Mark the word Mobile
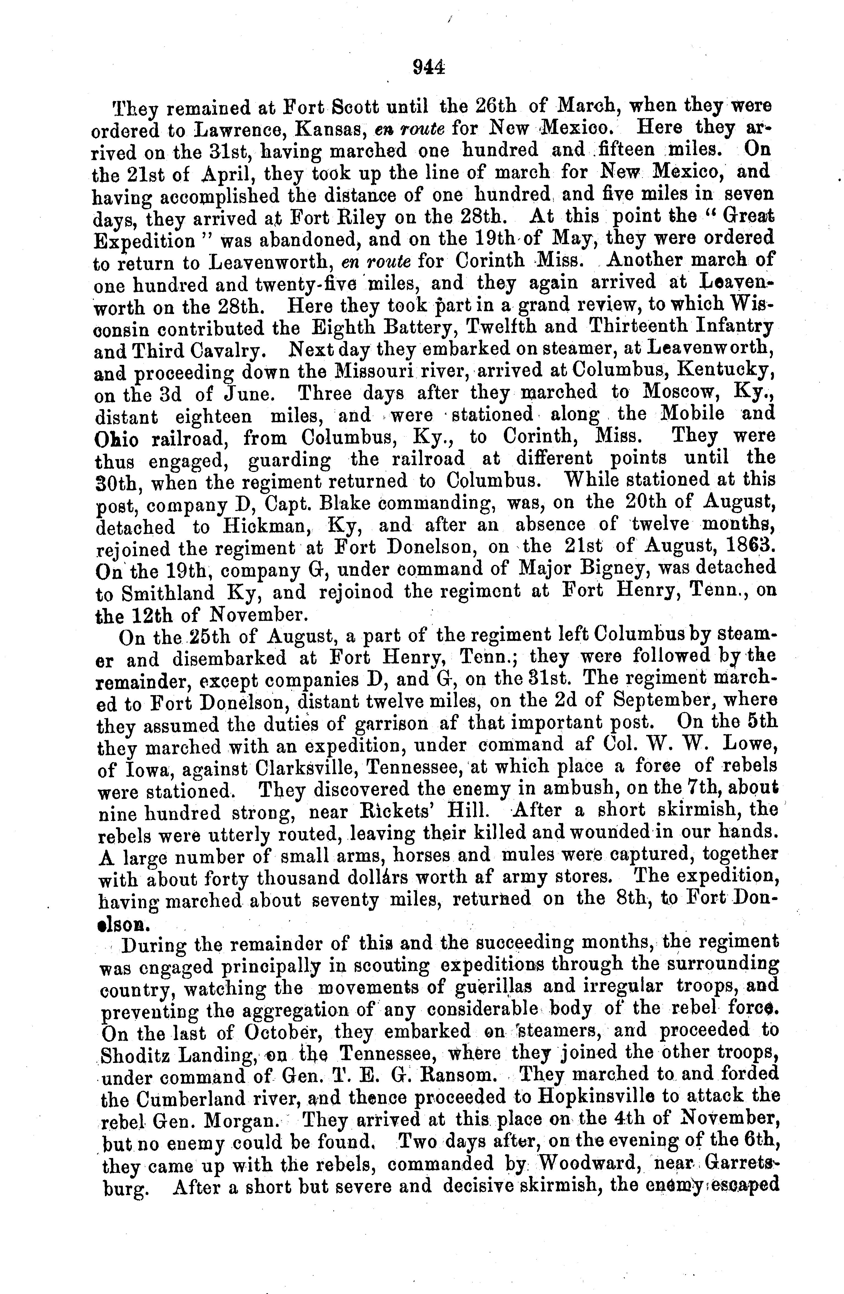pos(692,414)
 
